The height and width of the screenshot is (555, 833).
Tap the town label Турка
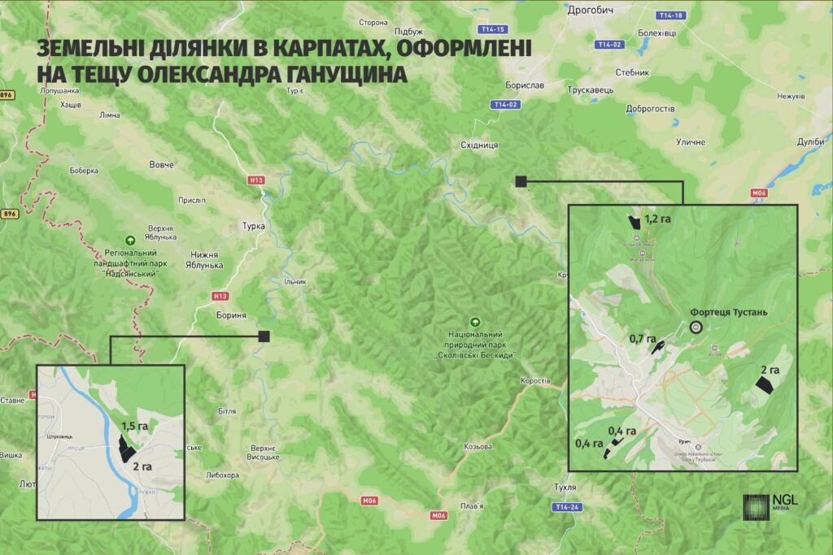253,226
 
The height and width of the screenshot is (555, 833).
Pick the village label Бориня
231,315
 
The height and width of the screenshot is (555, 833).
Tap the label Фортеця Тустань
728,312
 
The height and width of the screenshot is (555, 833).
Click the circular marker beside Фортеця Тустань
696,327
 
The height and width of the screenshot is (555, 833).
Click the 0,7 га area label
643,337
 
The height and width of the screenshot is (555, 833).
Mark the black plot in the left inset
126,448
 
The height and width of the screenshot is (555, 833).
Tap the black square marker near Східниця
521,181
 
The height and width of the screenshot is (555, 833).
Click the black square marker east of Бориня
264,336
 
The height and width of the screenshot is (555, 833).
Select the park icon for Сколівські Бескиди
476,321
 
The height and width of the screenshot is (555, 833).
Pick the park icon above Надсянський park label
129,240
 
